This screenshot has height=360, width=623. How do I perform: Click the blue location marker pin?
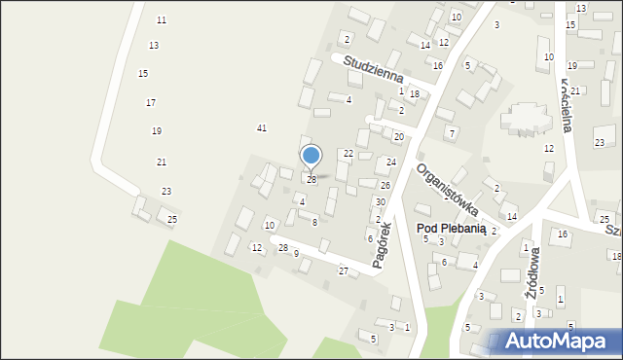311,156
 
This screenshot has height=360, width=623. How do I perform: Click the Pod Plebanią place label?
451,228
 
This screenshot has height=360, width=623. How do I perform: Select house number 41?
261,128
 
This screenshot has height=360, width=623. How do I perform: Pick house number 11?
162,20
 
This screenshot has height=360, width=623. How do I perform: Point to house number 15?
143,74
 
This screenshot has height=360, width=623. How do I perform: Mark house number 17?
151,102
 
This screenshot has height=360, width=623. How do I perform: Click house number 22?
348,154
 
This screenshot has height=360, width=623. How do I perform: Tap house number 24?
391,162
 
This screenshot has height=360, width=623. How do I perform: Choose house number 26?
385,185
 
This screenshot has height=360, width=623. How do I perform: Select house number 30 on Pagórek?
381,201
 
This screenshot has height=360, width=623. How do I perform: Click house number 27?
343,270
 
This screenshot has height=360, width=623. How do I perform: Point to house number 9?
296,254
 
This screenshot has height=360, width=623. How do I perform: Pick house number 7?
451,132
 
